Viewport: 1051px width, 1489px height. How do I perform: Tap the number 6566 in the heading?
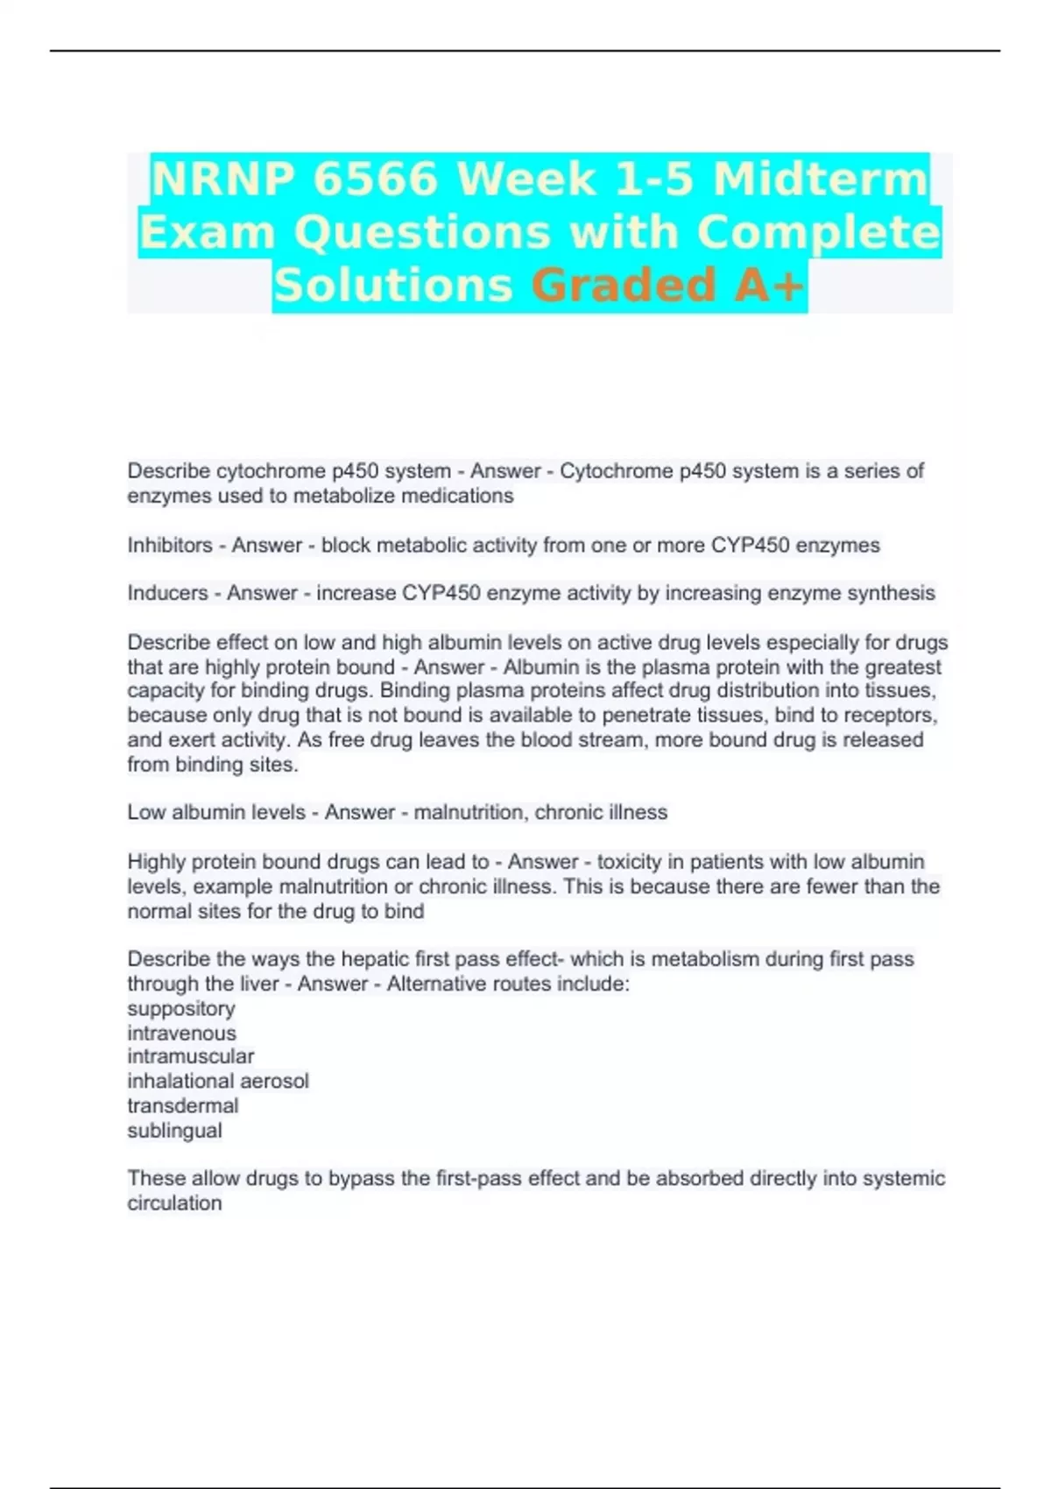375,180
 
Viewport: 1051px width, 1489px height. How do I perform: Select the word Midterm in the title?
821,180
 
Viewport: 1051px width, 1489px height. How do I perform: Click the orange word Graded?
624,286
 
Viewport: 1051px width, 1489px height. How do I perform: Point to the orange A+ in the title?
769,286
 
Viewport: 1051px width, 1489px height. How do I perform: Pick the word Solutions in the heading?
392,286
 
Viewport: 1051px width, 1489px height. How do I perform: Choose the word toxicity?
629,862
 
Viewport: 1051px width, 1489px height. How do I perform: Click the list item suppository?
181,1009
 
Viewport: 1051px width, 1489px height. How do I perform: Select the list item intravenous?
181,1034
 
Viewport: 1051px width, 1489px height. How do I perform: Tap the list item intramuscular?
191,1056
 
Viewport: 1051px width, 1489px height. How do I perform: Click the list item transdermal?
183,1105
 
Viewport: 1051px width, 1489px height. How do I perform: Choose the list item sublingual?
174,1131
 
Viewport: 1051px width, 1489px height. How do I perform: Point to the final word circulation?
174,1203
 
